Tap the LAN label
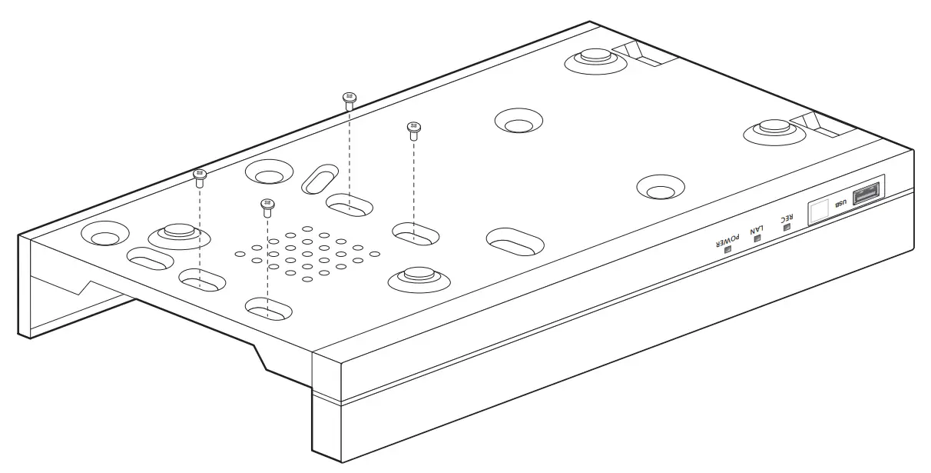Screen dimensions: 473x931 [x=759, y=229]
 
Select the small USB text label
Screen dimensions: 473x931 [x=840, y=203]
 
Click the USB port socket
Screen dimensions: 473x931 [x=866, y=194]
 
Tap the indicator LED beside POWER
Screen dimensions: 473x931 [x=727, y=248]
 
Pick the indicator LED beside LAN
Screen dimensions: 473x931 [x=757, y=239]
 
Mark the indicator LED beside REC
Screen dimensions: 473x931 [x=784, y=228]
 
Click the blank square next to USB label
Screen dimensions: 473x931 [x=819, y=210]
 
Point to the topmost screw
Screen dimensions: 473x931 [x=349, y=98]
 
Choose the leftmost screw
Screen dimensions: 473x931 [x=200, y=177]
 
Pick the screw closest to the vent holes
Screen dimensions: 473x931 [x=267, y=206]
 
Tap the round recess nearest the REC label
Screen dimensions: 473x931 [x=661, y=187]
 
